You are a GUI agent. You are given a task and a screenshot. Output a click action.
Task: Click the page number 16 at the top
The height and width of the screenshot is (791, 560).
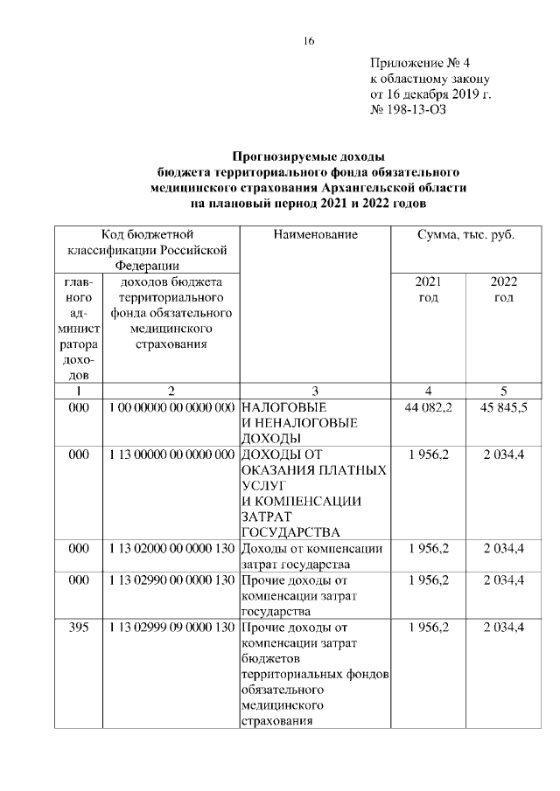tap(308, 41)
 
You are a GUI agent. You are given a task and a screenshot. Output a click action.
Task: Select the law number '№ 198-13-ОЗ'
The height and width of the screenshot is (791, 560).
tap(408, 109)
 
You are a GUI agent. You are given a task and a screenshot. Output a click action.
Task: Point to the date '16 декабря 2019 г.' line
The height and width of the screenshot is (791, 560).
tap(430, 94)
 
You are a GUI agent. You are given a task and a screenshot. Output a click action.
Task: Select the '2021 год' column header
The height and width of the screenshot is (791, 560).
tap(428, 290)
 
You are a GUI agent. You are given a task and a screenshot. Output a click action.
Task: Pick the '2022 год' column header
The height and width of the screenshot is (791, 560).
tap(503, 290)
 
